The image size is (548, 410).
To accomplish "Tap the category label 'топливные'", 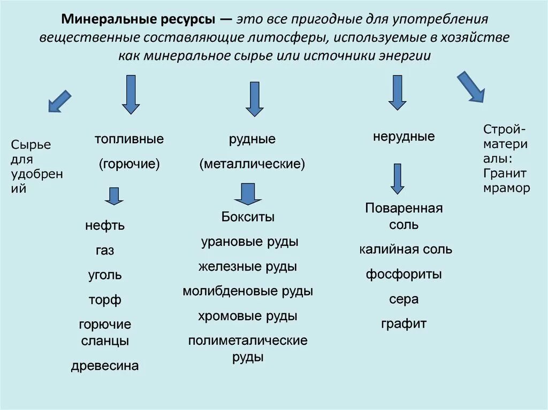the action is click(x=129, y=139).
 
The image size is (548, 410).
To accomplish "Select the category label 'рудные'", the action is click(x=252, y=140).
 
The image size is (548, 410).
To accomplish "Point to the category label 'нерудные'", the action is click(x=404, y=136).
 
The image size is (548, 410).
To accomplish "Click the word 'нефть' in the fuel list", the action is click(x=105, y=226).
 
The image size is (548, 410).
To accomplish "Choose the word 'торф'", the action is click(x=105, y=300).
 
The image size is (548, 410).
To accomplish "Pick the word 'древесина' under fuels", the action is click(x=105, y=366).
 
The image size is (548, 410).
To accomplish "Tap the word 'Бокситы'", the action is click(x=248, y=217).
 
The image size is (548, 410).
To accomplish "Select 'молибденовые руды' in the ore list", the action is click(x=248, y=291).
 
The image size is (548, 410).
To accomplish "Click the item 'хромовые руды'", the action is click(x=248, y=316).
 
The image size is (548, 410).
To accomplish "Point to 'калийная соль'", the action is click(x=406, y=249).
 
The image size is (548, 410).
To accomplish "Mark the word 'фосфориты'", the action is click(x=404, y=275).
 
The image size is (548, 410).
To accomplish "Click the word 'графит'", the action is click(x=404, y=323).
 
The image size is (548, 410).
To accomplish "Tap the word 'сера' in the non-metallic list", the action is click(x=404, y=299).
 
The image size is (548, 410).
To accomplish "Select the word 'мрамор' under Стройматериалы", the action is click(x=506, y=188).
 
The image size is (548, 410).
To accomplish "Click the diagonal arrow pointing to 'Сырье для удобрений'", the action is click(x=59, y=101).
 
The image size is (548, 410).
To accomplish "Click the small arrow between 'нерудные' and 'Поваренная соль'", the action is click(x=397, y=179).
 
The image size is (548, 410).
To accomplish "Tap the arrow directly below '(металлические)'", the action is click(x=247, y=194).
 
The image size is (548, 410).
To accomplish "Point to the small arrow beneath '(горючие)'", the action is click(x=114, y=196).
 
